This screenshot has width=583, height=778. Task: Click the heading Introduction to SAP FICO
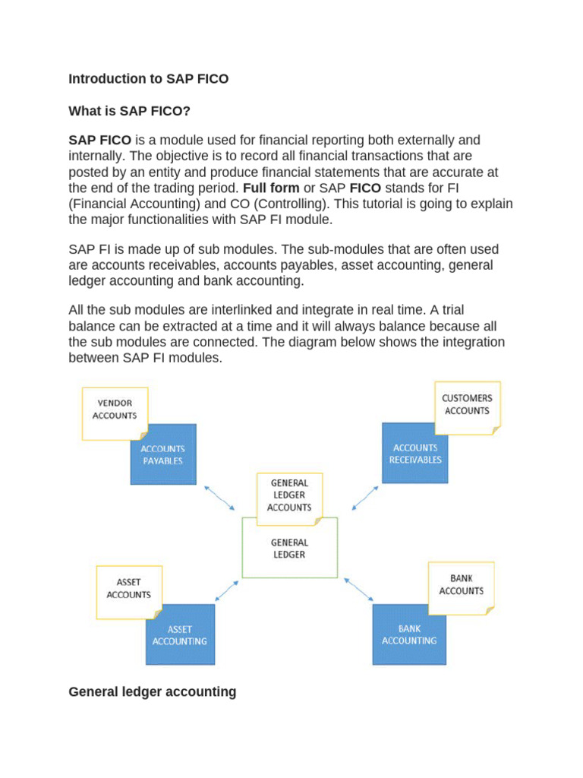(148, 79)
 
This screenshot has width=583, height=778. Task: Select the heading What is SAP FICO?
(129, 111)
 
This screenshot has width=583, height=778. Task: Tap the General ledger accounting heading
(152, 691)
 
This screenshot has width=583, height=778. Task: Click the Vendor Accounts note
(115, 410)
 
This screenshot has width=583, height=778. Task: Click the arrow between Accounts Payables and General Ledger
(222, 498)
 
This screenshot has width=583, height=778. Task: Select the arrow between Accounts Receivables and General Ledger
(364, 498)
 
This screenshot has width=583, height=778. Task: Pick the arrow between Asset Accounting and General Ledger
(226, 591)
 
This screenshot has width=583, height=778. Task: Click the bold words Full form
(270, 187)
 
